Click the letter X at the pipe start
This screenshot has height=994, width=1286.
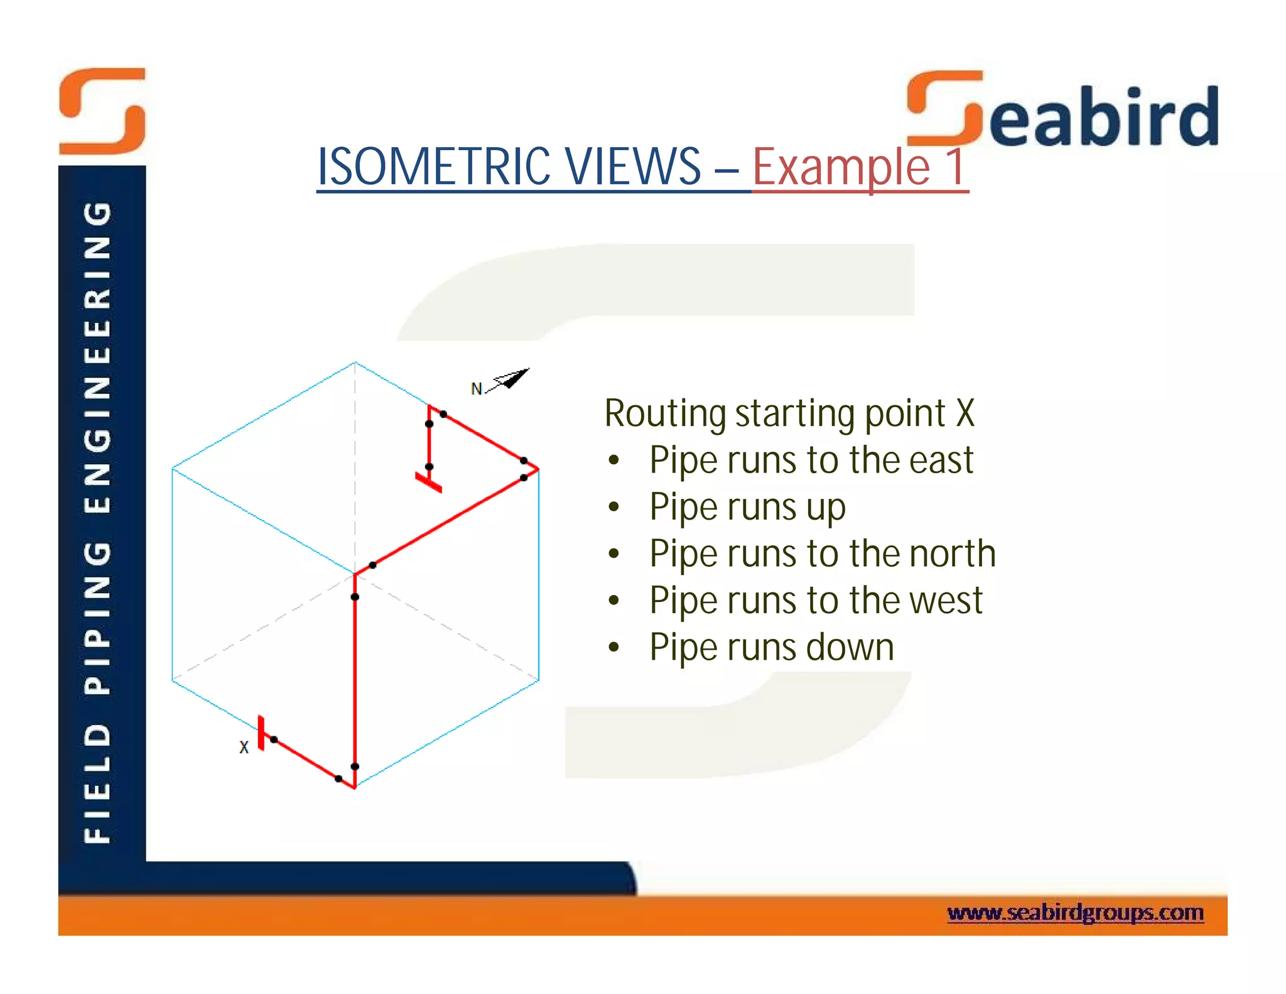point(244,747)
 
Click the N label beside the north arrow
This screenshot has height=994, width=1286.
point(476,389)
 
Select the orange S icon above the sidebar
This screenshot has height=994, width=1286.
point(102,111)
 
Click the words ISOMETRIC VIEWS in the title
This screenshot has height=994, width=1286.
point(509,167)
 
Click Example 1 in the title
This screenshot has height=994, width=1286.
point(858,167)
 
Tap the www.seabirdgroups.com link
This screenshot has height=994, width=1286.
point(1075,912)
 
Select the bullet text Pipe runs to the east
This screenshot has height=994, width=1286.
point(811,460)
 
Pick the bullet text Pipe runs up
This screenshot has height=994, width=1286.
point(747,507)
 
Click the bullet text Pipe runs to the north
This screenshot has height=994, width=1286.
point(822,554)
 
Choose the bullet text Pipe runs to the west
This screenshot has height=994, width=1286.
point(815,600)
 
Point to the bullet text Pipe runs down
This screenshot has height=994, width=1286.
point(771,647)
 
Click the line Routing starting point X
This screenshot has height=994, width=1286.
point(789,413)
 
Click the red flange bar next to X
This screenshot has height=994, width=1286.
point(261,733)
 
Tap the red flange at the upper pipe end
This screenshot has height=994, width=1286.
point(428,483)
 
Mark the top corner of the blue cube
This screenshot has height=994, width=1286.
point(355,363)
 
